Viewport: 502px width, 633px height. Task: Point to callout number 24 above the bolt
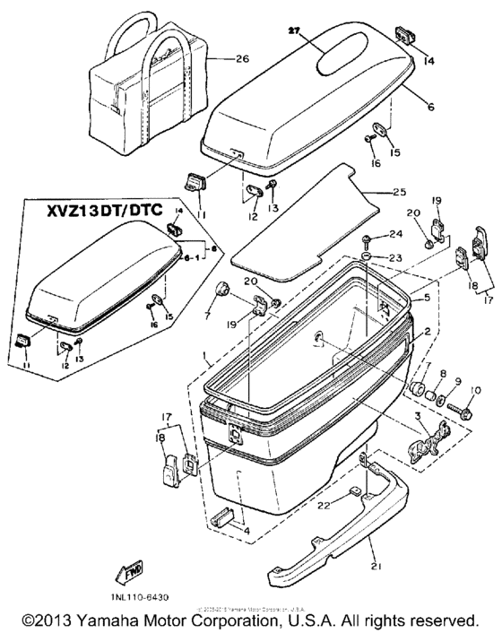395,236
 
